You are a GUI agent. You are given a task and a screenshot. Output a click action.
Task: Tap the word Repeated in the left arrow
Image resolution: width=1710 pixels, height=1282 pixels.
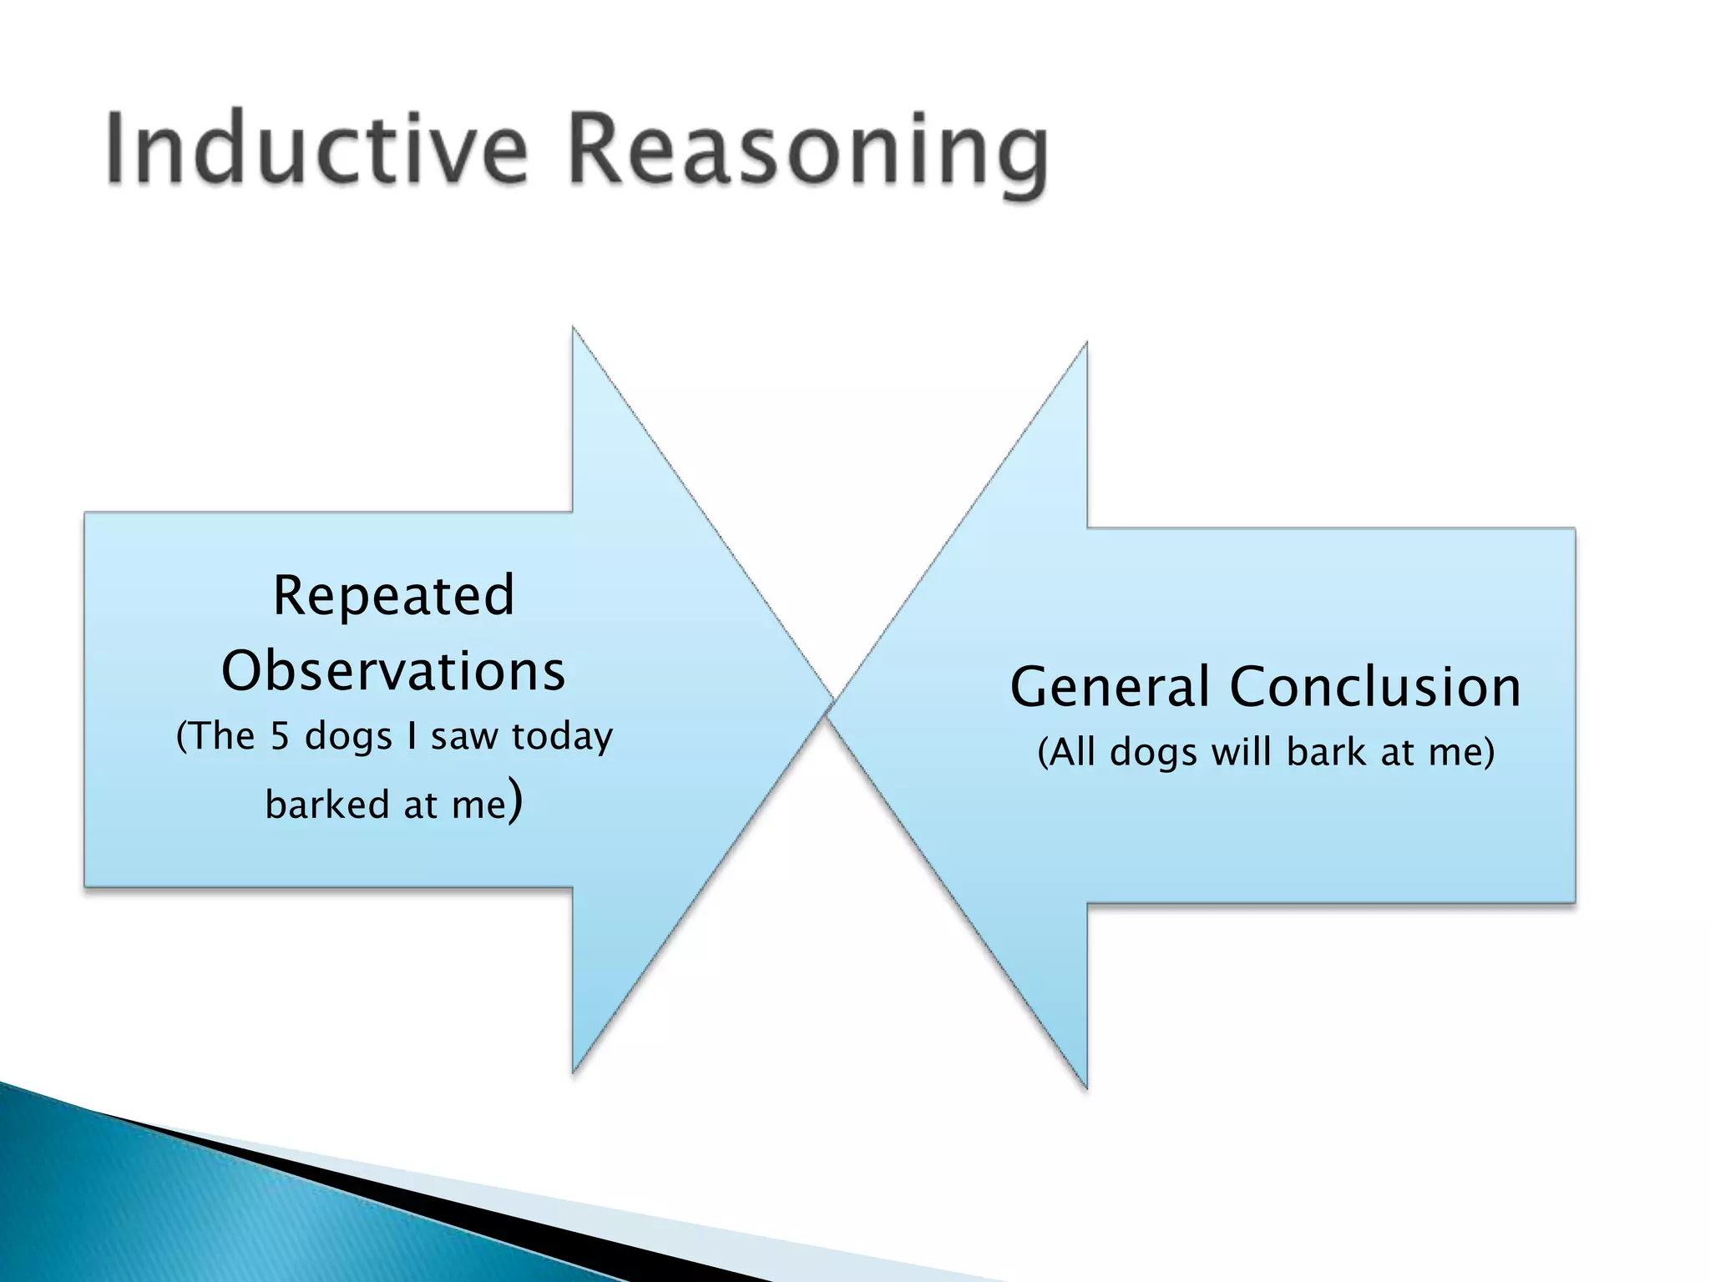point(393,596)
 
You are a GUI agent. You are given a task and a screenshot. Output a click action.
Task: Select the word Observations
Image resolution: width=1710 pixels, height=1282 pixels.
point(393,671)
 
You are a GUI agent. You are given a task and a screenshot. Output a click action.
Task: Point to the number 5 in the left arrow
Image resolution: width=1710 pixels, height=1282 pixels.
point(280,736)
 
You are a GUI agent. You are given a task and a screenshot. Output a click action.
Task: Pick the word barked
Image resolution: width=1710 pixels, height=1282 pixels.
point(327,805)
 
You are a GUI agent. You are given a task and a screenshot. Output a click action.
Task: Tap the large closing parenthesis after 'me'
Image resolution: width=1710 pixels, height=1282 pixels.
point(516,800)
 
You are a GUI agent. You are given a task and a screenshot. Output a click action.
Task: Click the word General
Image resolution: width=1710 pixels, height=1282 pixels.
point(1110,688)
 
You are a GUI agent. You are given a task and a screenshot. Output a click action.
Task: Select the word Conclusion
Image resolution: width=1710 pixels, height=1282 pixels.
point(1375,688)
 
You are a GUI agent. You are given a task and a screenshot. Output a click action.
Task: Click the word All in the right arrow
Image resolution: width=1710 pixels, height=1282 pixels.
point(1071,752)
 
